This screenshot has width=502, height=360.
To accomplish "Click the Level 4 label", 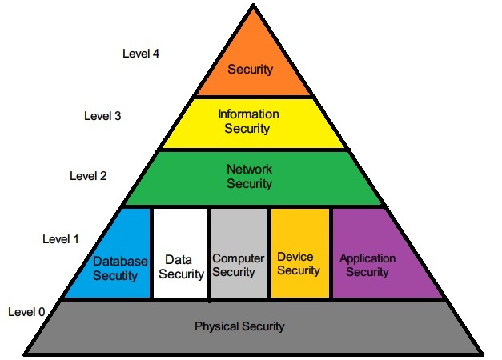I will coord(142,54).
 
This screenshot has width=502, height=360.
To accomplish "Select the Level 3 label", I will coord(102,115).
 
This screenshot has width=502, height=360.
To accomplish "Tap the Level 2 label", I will coord(88,175).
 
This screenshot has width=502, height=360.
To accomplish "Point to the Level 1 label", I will coord(60,238).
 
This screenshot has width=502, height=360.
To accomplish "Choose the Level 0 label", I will coord(26,311).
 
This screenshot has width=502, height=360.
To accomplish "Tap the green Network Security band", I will coord(250,177).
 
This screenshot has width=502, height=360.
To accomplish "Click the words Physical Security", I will coord(239,326).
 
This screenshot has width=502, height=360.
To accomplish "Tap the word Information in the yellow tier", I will coord(248,114).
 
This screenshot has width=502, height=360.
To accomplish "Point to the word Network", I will coord(250,170).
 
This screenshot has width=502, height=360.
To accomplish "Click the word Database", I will coord(120,262).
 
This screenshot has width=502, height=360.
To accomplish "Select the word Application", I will coord(367,258).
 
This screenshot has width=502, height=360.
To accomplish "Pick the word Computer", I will coord(238,258).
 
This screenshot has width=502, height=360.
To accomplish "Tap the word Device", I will coord(295,257).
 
